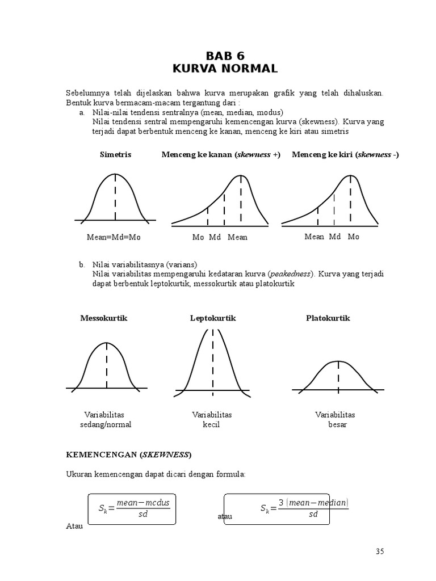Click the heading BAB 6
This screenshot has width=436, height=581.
pyautogui.click(x=225, y=56)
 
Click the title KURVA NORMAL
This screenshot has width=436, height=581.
pyautogui.click(x=225, y=69)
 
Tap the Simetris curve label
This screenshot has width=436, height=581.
pyautogui.click(x=115, y=154)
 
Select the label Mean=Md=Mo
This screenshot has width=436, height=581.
pyautogui.click(x=114, y=237)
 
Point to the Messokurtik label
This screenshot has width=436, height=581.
pyautogui.click(x=104, y=318)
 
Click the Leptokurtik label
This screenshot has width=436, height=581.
pyautogui.click(x=213, y=318)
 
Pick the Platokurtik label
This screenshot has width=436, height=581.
pyautogui.click(x=328, y=318)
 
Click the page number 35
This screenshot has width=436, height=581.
pyautogui.click(x=380, y=551)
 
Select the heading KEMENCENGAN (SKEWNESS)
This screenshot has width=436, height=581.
pyautogui.click(x=129, y=454)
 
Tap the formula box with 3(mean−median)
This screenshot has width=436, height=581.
pyautogui.click(x=276, y=509)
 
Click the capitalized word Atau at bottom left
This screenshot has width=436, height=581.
pyautogui.click(x=74, y=526)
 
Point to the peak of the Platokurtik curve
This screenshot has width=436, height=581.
pyautogui.click(x=338, y=361)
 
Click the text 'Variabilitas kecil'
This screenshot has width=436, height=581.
pyautogui.click(x=212, y=419)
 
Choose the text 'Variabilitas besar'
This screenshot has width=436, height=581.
pyautogui.click(x=335, y=419)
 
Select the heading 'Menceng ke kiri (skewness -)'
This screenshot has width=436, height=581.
pyautogui.click(x=345, y=154)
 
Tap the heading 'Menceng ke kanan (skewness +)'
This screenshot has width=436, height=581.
pyautogui.click(x=221, y=154)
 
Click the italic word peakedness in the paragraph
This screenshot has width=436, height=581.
pyautogui.click(x=290, y=274)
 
